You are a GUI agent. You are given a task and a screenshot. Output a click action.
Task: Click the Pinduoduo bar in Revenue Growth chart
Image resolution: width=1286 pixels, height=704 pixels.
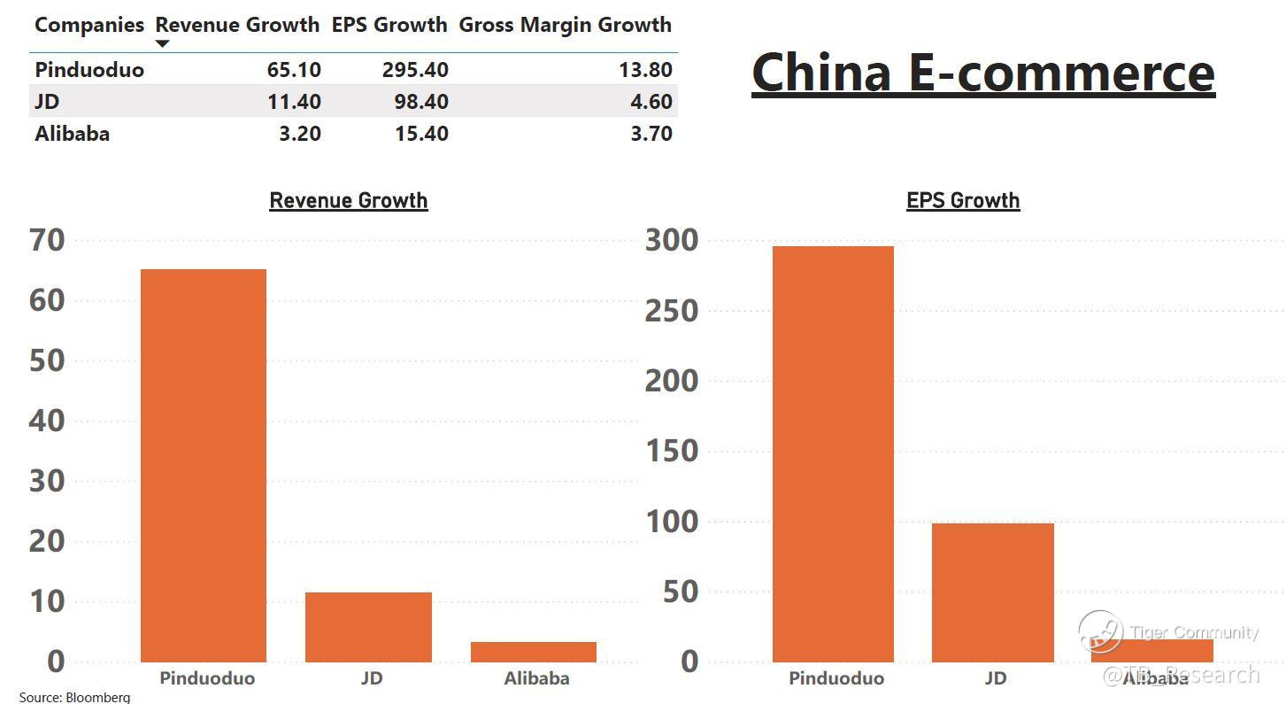pos(203,465)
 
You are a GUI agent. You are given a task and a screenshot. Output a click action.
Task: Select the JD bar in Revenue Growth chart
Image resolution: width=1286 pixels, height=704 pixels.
pos(368,627)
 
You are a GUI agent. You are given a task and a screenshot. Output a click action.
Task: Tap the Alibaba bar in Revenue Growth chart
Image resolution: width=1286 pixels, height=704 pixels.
pos(533,652)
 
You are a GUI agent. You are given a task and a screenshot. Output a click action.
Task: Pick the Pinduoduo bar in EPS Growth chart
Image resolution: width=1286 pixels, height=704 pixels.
pos(833,453)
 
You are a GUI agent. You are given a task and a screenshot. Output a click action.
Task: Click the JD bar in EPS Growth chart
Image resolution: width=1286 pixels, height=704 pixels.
pos(992,592)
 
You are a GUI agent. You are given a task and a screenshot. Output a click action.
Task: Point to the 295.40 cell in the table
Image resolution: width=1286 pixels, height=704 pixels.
pos(415,70)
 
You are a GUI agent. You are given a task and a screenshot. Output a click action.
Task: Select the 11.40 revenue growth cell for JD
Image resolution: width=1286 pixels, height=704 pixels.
pos(294,102)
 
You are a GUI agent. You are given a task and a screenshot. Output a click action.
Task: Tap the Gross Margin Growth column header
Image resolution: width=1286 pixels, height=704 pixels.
pos(565,25)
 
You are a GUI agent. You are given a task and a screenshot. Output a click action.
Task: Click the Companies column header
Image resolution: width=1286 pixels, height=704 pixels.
pos(89,25)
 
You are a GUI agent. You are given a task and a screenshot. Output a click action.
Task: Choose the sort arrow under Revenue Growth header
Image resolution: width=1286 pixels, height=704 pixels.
pos(162,43)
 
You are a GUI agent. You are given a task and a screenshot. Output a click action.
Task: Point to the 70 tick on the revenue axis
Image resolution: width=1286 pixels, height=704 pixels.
pos(47,240)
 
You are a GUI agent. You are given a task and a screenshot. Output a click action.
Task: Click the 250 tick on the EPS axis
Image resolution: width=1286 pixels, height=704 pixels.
pos(672,311)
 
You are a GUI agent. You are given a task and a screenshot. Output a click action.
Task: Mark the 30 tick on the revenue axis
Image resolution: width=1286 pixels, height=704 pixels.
pos(47,481)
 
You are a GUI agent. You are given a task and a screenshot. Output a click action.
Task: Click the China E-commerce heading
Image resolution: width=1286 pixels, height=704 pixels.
pos(982,73)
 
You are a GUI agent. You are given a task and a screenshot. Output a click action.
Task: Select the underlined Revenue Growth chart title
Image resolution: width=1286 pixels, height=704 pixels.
pos(348,200)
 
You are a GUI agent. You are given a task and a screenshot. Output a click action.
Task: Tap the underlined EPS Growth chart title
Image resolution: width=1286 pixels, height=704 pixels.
pos(963,200)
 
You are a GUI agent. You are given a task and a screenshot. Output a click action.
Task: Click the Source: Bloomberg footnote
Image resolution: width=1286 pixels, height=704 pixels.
pos(74,697)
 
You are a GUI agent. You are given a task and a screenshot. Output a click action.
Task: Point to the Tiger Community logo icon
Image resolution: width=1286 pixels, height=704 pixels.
pos(1100,631)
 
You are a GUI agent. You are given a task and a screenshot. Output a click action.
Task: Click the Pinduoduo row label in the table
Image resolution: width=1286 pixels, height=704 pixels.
pos(89,70)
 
